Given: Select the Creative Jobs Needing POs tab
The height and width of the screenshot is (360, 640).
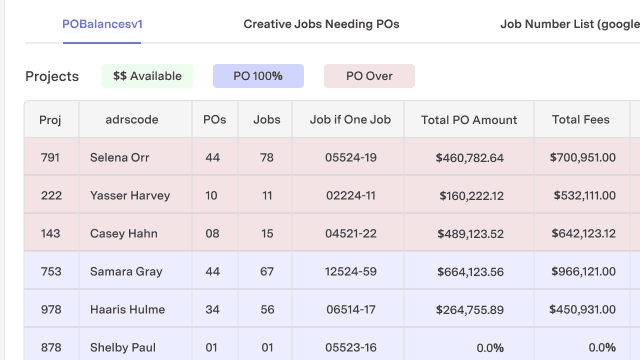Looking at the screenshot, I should pos(321,23).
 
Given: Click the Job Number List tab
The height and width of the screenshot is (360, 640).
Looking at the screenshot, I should pos(569,23).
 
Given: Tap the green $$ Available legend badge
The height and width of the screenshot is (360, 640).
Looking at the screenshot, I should pos(147,76).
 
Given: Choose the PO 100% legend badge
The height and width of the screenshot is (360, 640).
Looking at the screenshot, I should pos(258,76).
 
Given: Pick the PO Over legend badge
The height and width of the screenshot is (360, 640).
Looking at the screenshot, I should pos(369,76).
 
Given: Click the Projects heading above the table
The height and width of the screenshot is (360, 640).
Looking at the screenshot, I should pos(52,76).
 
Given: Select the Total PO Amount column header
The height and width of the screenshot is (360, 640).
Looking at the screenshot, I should pos(469,120).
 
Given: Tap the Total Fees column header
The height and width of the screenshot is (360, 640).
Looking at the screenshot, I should pos(581,120).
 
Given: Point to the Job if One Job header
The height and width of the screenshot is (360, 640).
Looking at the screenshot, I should pos(348,120).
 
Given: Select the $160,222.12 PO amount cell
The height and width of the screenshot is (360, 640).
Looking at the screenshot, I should pos(469,196).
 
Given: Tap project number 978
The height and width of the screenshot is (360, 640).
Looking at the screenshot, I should pos(51,310).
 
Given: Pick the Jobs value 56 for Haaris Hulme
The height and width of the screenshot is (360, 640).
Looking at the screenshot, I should pos(267,310).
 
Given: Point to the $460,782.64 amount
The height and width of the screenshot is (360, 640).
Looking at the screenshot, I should pos(469,158).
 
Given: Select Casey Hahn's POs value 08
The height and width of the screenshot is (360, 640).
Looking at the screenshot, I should pos(211,234).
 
